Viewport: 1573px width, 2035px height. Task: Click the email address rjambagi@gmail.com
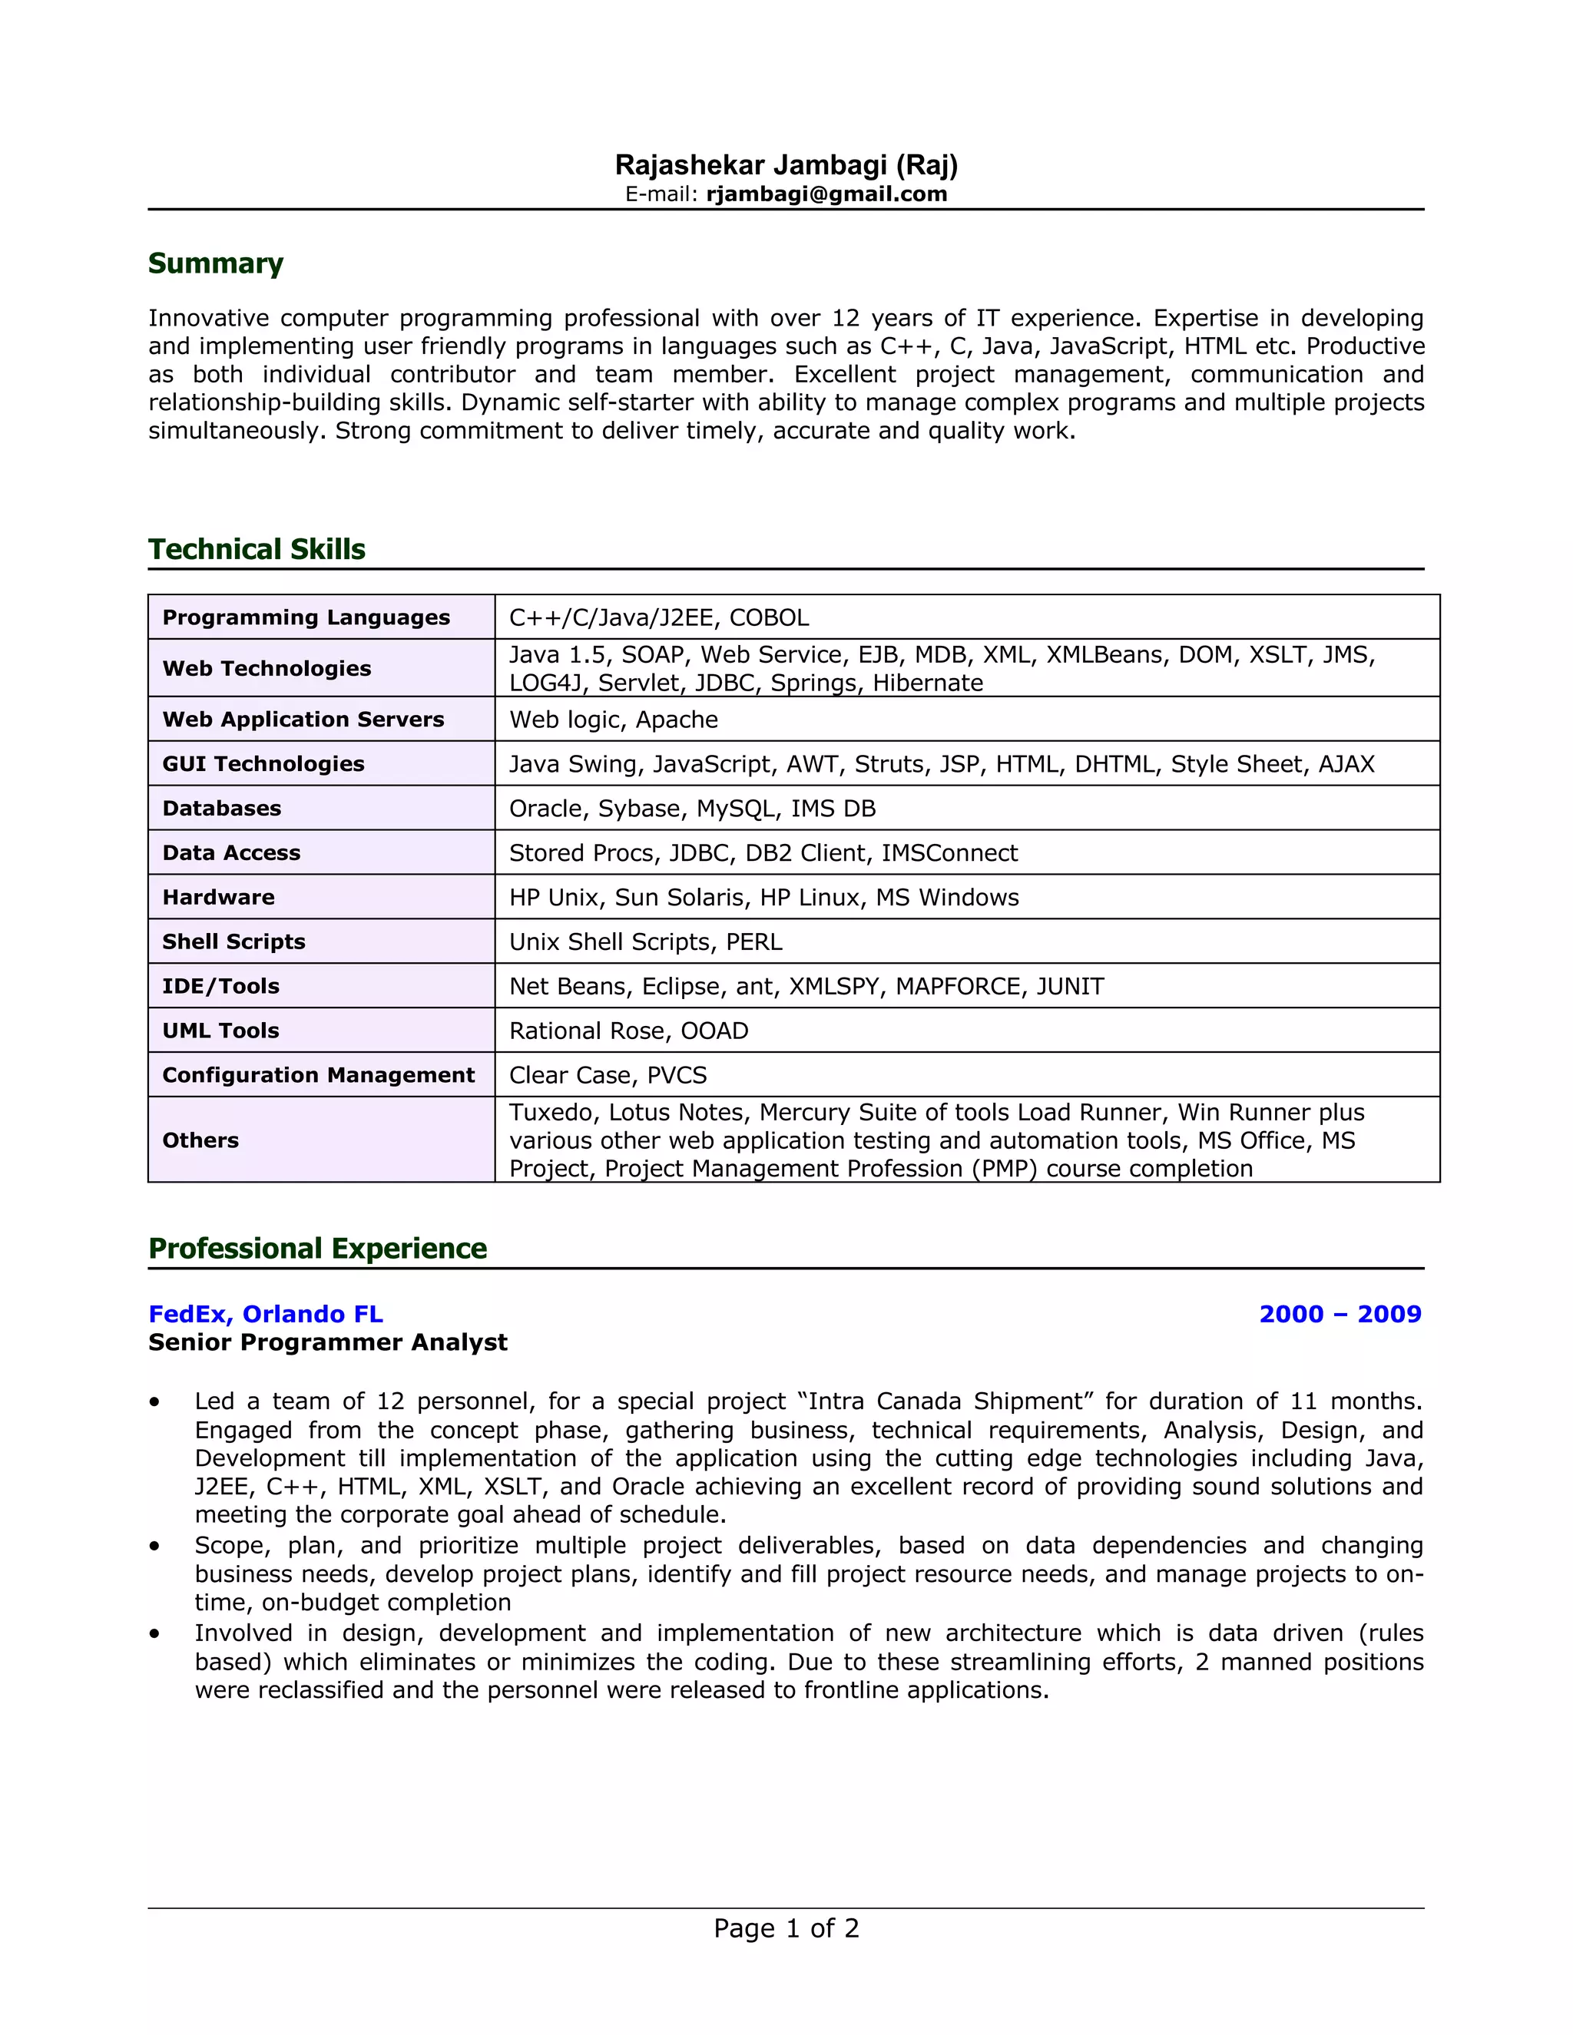pyautogui.click(x=826, y=194)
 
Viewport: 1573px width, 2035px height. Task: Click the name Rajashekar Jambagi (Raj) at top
pyautogui.click(x=786, y=165)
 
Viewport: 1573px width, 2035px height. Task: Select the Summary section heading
pyautogui.click(x=215, y=263)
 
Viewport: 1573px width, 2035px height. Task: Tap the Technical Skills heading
pyautogui.click(x=257, y=549)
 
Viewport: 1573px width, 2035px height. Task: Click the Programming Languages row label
pyautogui.click(x=306, y=617)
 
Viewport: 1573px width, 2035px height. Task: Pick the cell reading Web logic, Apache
pyautogui.click(x=613, y=720)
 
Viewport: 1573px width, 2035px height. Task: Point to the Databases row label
pyautogui.click(x=222, y=808)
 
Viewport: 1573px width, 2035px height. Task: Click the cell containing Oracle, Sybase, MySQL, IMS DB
pyautogui.click(x=691, y=808)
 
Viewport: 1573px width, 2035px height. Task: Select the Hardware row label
pyautogui.click(x=218, y=897)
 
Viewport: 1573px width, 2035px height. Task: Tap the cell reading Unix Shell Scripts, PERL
pyautogui.click(x=645, y=941)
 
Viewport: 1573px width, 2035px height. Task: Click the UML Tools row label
pyautogui.click(x=221, y=1031)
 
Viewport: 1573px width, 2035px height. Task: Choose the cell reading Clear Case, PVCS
pyautogui.click(x=608, y=1075)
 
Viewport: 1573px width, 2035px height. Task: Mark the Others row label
pyautogui.click(x=200, y=1140)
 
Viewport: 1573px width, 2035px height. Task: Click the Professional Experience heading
pyautogui.click(x=317, y=1248)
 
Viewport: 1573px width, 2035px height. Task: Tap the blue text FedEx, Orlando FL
pyautogui.click(x=266, y=1314)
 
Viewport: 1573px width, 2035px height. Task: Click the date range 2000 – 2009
pyautogui.click(x=1339, y=1314)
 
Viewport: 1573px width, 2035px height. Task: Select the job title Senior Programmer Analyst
pyautogui.click(x=327, y=1342)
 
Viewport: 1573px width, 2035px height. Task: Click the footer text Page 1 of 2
pyautogui.click(x=786, y=1927)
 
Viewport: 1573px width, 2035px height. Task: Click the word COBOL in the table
pyautogui.click(x=769, y=617)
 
